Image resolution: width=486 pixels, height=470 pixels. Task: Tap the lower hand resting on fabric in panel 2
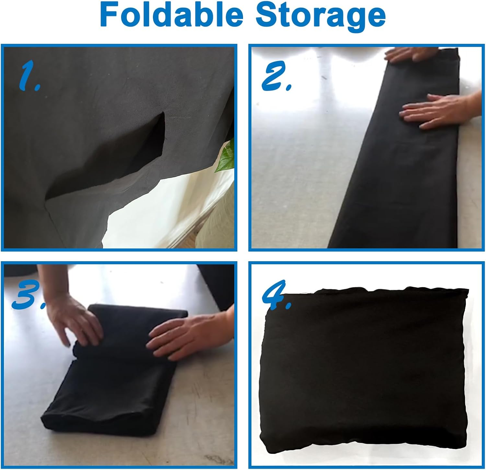[x=441, y=111]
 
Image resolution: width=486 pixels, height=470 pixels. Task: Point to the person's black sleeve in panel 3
[x=215, y=285]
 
